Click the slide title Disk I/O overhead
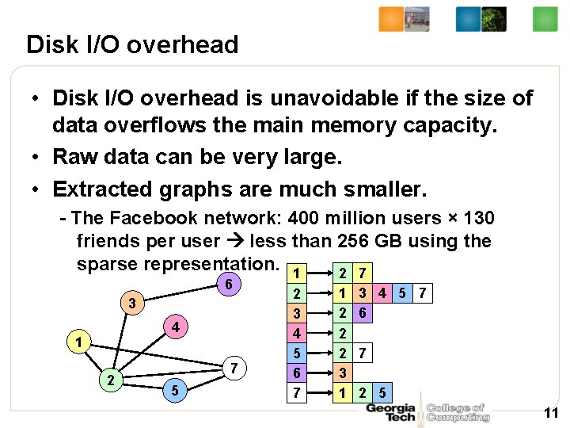click(132, 44)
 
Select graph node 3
click(135, 304)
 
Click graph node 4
click(177, 327)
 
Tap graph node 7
click(234, 368)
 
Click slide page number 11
click(551, 412)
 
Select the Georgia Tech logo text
click(390, 412)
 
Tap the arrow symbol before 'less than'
click(237, 240)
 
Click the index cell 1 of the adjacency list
click(295, 273)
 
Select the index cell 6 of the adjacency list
click(295, 373)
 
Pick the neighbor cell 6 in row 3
click(362, 313)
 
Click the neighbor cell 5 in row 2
click(403, 293)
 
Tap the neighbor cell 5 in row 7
click(382, 392)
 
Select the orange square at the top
click(391, 19)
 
